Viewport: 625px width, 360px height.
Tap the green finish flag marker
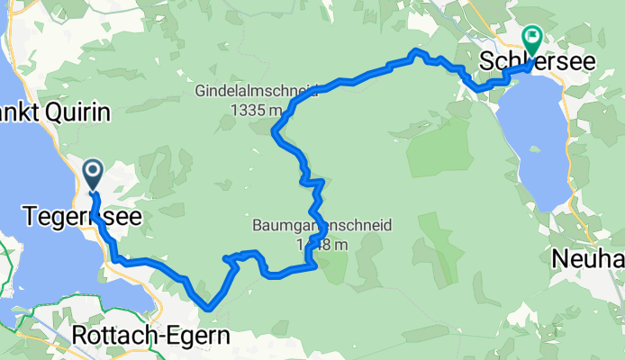[530, 39]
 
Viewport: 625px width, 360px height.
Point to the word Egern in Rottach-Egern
[196, 336]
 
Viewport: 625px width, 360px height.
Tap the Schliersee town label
[524, 64]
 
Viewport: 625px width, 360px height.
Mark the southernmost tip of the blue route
[210, 309]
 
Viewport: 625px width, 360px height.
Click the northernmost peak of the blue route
[414, 51]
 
